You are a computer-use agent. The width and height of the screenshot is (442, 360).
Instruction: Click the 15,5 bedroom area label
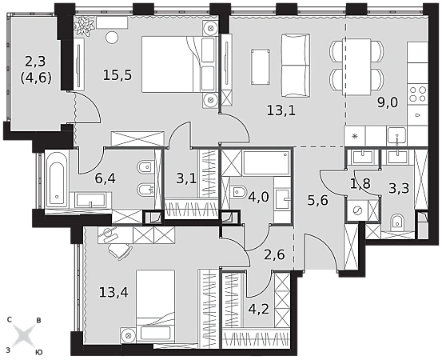(x=117, y=75)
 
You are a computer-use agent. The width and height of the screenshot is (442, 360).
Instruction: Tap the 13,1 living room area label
(x=281, y=110)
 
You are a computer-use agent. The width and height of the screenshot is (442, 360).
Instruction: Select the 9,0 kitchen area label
(x=388, y=102)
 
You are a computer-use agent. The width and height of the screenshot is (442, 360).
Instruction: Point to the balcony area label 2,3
(x=35, y=62)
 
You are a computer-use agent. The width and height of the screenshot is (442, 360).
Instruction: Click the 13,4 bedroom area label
(x=113, y=292)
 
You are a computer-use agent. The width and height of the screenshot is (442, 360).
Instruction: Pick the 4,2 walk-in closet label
(x=259, y=310)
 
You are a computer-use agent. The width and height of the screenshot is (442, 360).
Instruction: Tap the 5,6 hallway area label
(x=318, y=201)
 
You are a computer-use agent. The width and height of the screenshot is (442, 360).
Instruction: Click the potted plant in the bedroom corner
(x=84, y=26)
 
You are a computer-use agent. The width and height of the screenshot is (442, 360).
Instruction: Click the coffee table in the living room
(x=261, y=66)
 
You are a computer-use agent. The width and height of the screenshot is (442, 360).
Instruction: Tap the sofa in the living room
(x=296, y=66)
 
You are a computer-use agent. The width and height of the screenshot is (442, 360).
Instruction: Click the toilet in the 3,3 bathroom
(x=398, y=222)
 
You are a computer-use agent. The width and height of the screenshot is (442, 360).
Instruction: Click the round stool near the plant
(x=112, y=37)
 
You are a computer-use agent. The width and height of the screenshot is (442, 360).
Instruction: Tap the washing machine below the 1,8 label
(x=357, y=210)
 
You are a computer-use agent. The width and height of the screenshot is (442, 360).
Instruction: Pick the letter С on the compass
(x=10, y=320)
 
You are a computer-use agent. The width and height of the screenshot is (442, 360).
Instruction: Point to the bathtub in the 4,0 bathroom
(x=266, y=162)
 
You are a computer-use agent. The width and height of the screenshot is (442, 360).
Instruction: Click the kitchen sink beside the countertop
(x=396, y=136)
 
